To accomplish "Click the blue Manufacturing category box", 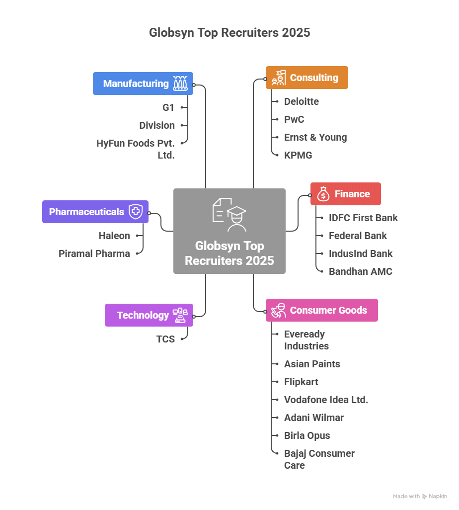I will click(x=143, y=84).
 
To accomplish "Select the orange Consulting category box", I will click(x=306, y=78).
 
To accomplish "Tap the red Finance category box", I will click(x=345, y=194).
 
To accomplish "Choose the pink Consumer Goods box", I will click(x=321, y=310).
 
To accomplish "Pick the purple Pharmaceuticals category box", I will click(x=95, y=212).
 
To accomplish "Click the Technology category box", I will click(x=149, y=315).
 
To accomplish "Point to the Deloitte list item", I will click(x=301, y=101).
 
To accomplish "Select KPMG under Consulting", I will click(x=298, y=155).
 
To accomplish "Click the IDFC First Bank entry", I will click(x=363, y=218).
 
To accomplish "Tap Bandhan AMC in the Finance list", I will click(x=360, y=271).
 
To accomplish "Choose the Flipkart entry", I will click(x=301, y=382).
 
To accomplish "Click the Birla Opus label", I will click(x=307, y=435).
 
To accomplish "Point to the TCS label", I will click(x=165, y=340).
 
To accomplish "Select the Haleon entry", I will click(x=114, y=236).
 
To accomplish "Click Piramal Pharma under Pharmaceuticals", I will click(x=94, y=254).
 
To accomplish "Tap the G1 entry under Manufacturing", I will click(x=169, y=107).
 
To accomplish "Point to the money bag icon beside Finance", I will click(x=323, y=194).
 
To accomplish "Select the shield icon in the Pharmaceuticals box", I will click(x=135, y=212).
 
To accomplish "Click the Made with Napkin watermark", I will click(x=420, y=496).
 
